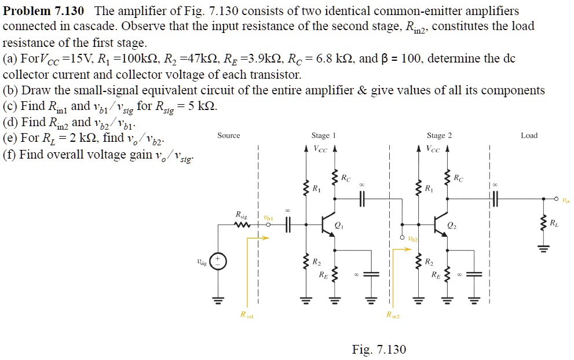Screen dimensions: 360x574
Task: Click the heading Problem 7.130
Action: point(43,11)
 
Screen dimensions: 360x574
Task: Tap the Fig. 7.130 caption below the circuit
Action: point(379,349)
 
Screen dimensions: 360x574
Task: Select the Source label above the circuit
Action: point(228,135)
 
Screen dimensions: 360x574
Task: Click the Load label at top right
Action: point(529,135)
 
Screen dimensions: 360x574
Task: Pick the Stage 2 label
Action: point(439,135)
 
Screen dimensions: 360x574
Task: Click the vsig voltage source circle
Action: point(219,262)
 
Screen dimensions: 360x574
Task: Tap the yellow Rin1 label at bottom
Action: point(246,315)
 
